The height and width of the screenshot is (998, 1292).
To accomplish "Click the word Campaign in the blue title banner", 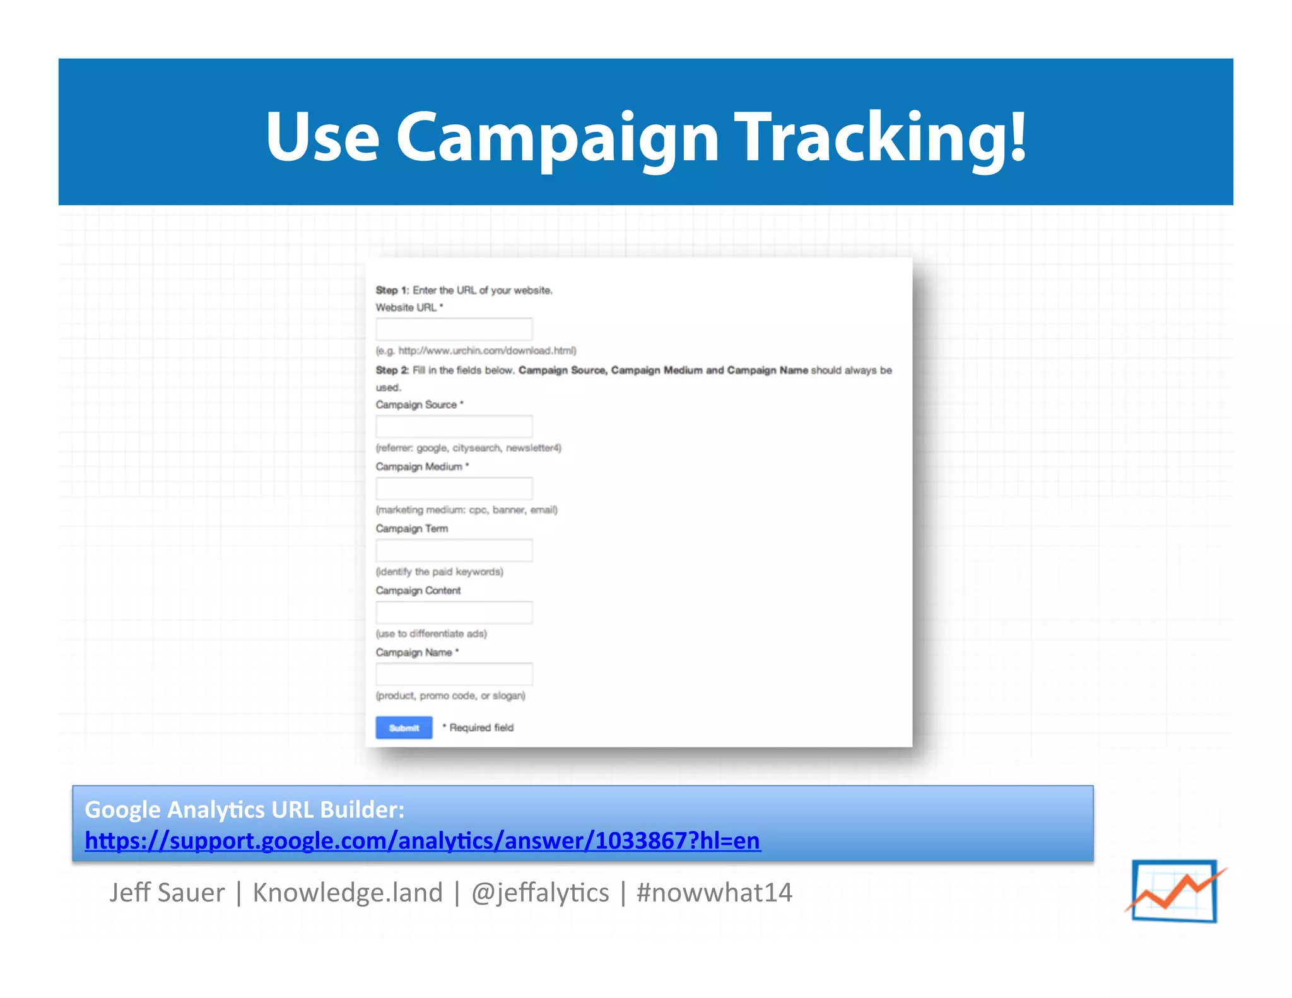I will click(x=557, y=138).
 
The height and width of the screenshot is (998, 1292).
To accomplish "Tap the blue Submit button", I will click(x=404, y=727).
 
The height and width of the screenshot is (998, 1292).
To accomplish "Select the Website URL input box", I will click(x=454, y=329).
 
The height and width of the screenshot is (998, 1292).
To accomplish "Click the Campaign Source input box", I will click(x=454, y=426).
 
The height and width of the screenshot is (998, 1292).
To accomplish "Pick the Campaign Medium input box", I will click(x=454, y=488).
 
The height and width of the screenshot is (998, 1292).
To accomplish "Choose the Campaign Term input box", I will click(x=454, y=550).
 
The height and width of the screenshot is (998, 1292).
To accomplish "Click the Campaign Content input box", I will click(x=454, y=612).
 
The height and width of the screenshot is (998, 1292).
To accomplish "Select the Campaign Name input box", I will click(x=454, y=674).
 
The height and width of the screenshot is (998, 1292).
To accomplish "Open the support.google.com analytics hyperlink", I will click(x=423, y=841).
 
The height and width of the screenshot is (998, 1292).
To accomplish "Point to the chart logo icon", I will click(x=1175, y=891).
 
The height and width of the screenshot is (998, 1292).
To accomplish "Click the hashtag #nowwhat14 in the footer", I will click(x=714, y=893).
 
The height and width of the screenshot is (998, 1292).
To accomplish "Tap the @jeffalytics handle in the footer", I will click(x=540, y=893).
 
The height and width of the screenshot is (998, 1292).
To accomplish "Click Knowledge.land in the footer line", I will click(x=348, y=893).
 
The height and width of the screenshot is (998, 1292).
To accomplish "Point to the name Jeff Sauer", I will click(x=167, y=893).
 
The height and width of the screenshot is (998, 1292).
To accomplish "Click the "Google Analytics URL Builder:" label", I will click(x=244, y=809).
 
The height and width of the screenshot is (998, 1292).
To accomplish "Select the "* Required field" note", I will click(x=478, y=727).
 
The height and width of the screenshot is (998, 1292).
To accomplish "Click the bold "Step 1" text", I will click(x=390, y=290).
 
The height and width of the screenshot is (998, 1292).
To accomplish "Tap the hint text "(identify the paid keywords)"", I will click(x=439, y=572).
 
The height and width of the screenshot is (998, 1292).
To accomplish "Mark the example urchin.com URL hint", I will click(x=476, y=351).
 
